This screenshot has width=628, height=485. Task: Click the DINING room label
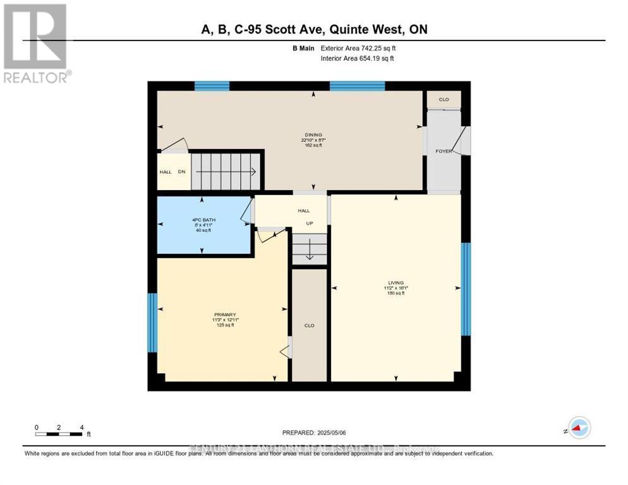click(x=313, y=135)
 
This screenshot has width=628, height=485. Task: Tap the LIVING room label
click(x=396, y=282)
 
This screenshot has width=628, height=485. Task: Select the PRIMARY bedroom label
click(x=224, y=314)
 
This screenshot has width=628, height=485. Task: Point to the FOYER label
click(x=444, y=152)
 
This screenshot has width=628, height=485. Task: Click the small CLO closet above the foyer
click(x=444, y=100)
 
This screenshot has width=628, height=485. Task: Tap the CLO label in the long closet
click(x=310, y=326)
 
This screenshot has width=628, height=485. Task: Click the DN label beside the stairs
click(x=181, y=171)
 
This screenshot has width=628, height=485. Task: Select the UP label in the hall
click(x=310, y=224)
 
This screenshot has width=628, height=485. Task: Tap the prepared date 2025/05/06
click(x=314, y=433)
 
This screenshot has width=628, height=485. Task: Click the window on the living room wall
click(x=466, y=289)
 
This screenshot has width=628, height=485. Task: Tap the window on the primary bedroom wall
click(x=152, y=322)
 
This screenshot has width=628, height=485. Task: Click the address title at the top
click(x=314, y=29)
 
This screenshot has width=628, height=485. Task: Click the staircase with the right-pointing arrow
click(x=226, y=171)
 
